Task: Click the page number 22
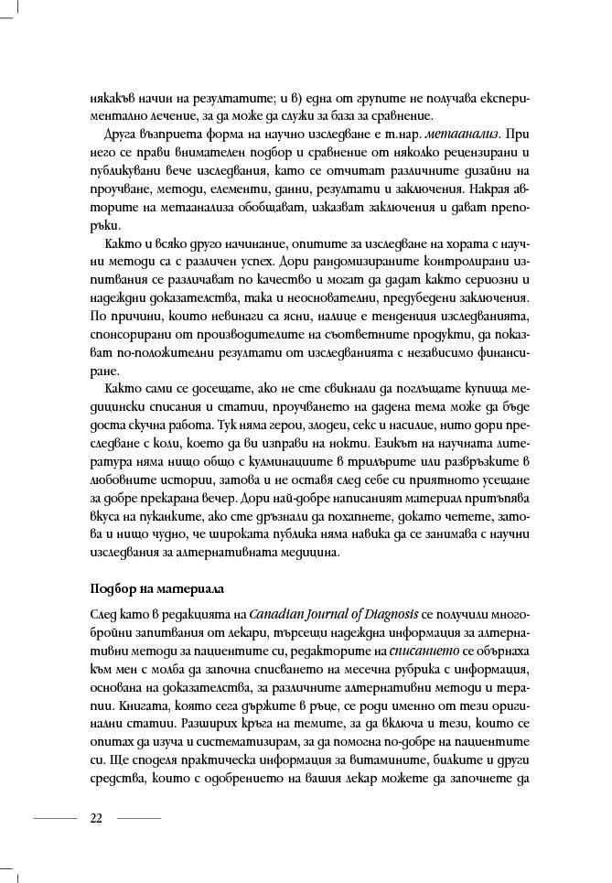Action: click(x=96, y=817)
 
